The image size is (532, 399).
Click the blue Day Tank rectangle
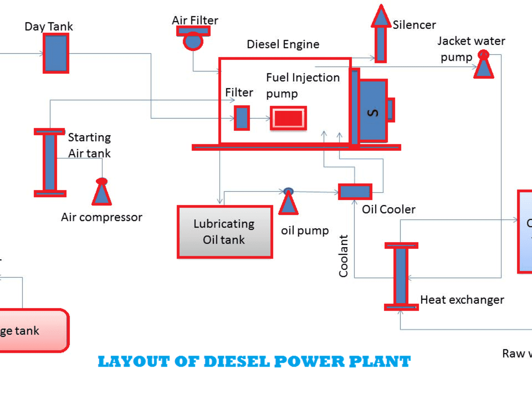pos(56,53)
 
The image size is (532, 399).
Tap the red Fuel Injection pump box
pos(288,118)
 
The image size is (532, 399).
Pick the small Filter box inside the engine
pos(242,118)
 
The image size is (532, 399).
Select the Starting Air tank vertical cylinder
pos(50,162)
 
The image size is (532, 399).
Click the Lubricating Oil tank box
pos(224,231)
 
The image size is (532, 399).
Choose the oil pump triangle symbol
pos(289,202)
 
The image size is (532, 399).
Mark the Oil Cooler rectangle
pos(355,192)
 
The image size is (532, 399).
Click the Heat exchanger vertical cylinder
pos(401,275)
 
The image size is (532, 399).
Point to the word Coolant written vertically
pos(344,256)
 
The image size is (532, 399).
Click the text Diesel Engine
pos(283,44)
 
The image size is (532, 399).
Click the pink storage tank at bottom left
pos(31,330)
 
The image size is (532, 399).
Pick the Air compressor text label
pos(102,217)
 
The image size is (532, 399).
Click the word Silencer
pos(414,25)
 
